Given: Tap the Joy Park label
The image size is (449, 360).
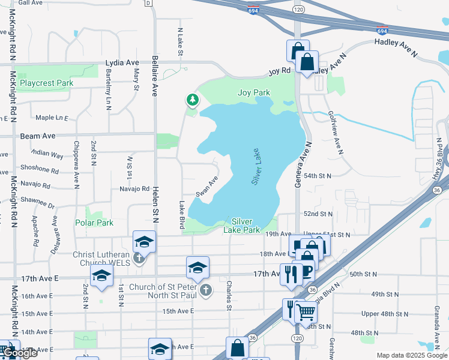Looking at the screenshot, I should point(254,92).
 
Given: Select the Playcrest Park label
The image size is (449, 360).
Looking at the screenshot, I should point(46,83).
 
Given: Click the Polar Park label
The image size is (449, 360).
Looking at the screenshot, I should point(94,223).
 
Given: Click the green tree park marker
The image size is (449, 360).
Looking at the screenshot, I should point(193,100).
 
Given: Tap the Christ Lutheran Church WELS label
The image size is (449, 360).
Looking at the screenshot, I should point(113,254).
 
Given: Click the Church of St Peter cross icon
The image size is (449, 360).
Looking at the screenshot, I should point(206,290).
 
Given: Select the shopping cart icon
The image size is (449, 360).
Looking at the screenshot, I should point(306,311).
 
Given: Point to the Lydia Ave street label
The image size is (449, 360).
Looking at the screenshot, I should point(122,62).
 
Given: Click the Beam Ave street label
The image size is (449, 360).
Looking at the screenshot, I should point(38,136).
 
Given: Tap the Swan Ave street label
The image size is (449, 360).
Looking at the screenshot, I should point(206,186).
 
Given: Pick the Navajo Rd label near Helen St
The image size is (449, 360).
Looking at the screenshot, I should point(134,188).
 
